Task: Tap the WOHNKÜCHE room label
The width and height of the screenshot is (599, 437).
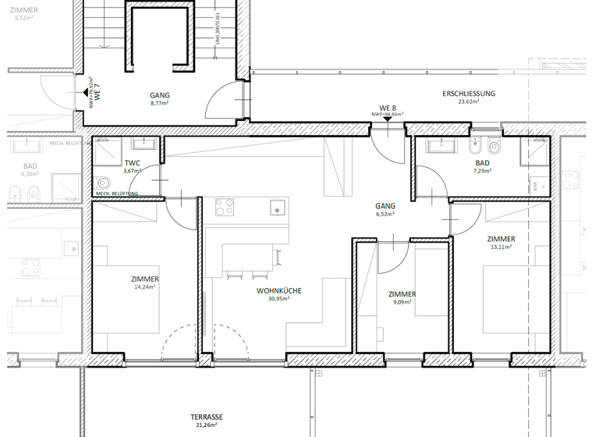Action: point(279,290)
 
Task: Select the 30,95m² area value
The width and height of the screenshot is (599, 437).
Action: point(278,298)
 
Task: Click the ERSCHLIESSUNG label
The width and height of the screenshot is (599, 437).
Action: point(469,94)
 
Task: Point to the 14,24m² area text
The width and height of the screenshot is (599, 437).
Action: point(145,286)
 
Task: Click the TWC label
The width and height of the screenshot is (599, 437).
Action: point(132,163)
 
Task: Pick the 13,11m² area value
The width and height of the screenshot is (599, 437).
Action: point(501,247)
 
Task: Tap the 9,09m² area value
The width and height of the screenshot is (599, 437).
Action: point(402,302)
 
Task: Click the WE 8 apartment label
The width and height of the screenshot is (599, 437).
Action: point(387,107)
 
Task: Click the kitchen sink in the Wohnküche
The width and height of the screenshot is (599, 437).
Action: point(277,208)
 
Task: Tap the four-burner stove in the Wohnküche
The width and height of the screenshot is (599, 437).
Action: point(225,207)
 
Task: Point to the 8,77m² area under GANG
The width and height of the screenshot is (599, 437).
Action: point(159,103)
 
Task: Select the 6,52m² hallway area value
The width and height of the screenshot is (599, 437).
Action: point(385,214)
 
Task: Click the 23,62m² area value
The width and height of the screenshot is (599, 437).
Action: point(469,101)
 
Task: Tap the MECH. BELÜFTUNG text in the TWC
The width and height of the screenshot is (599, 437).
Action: point(116,194)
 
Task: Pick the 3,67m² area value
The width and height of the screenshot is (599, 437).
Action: point(132,171)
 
